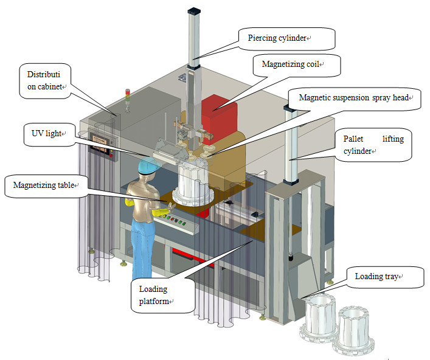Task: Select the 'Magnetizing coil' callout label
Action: [293, 63]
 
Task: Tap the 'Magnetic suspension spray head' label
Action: [356, 97]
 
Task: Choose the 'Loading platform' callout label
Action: [161, 295]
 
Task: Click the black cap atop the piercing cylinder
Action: [193, 10]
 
